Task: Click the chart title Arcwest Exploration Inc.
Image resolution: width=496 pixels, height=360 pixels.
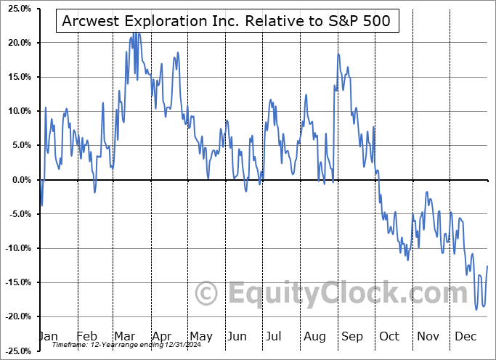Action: (227, 20)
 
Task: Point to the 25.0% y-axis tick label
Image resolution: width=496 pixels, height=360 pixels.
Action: (17, 9)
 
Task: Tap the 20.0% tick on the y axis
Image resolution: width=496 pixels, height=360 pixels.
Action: (17, 43)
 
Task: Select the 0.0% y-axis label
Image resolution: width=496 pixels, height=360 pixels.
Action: (20, 180)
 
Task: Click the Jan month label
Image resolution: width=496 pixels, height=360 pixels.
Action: (48, 336)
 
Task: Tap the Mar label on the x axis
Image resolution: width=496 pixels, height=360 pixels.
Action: (124, 336)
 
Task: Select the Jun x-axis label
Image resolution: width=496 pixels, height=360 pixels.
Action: (237, 336)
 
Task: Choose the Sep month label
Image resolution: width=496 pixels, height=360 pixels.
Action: (351, 336)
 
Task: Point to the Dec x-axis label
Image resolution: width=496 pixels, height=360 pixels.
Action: (466, 336)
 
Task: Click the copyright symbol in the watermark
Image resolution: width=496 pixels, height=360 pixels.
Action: (208, 294)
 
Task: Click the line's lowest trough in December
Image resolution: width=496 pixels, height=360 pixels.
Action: (476, 310)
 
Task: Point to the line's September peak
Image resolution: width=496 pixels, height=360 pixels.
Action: (338, 54)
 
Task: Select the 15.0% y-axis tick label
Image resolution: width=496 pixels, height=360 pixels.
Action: (17, 77)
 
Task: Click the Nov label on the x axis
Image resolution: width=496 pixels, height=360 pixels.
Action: (428, 336)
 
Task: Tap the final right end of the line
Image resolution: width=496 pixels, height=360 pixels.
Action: (487, 266)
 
